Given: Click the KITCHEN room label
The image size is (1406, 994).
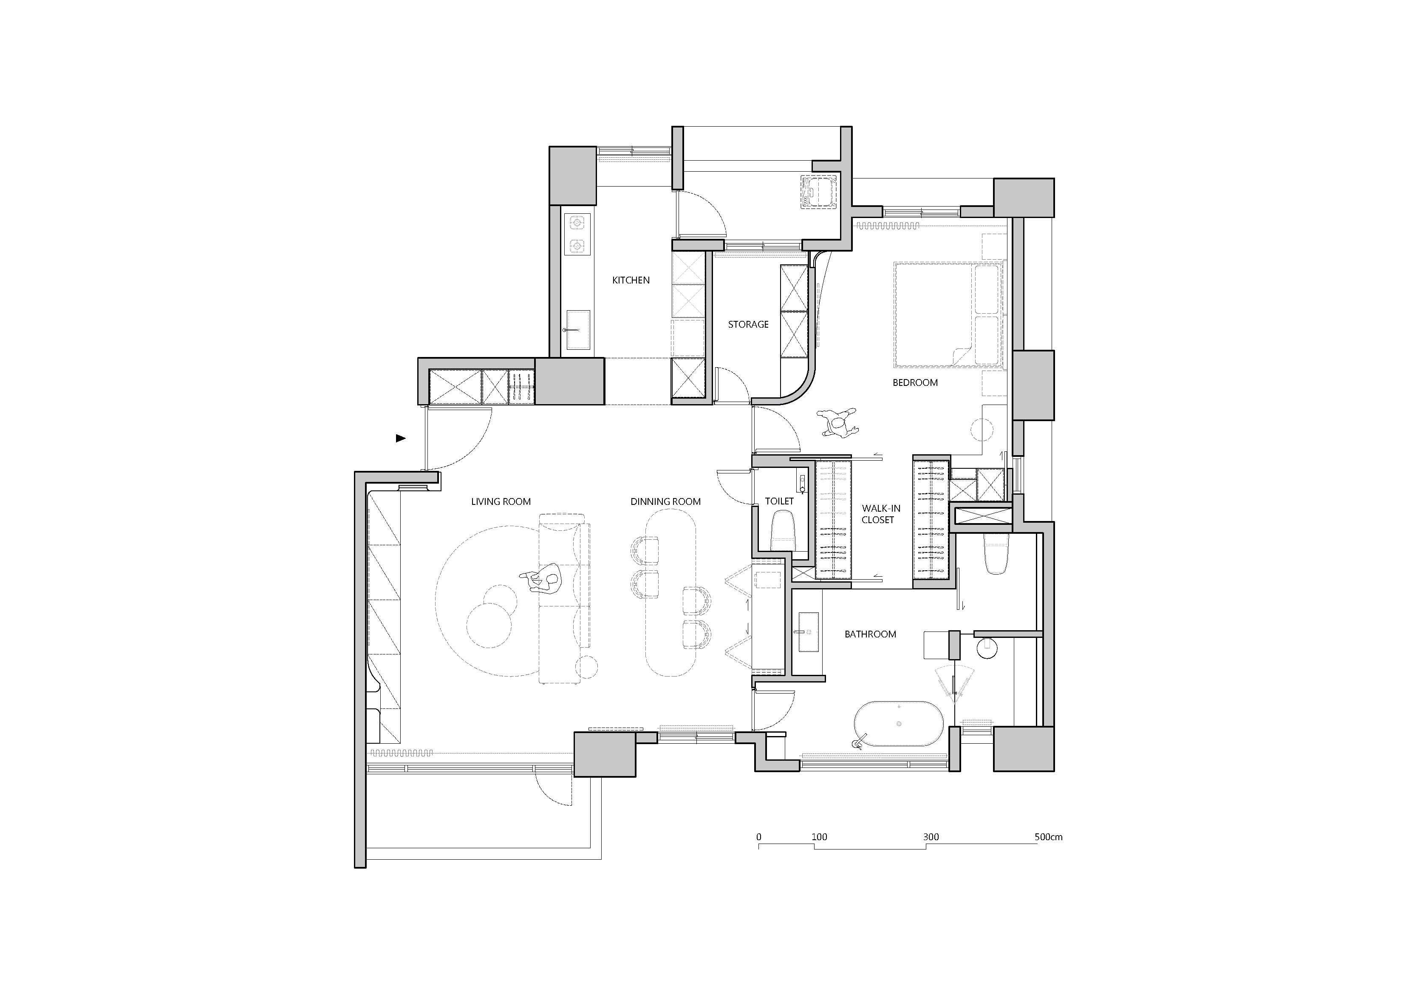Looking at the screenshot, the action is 631,280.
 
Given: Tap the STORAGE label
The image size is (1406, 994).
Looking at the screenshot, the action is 748,325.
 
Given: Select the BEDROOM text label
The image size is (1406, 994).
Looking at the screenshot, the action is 915,383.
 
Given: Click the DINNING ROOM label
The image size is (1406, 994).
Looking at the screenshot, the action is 666,501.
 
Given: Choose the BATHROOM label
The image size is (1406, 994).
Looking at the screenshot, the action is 870,634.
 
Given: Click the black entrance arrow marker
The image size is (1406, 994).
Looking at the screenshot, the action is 401,438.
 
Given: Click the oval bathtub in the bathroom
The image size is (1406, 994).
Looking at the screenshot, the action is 899,724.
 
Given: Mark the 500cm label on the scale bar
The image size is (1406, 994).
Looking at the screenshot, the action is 1048,837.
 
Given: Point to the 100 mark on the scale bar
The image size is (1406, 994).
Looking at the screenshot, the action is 819,837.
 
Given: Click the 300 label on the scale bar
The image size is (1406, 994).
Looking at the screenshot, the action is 931,837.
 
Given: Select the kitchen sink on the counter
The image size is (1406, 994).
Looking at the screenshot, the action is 150,331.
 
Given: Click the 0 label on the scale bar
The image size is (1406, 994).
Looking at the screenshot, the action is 759,837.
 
